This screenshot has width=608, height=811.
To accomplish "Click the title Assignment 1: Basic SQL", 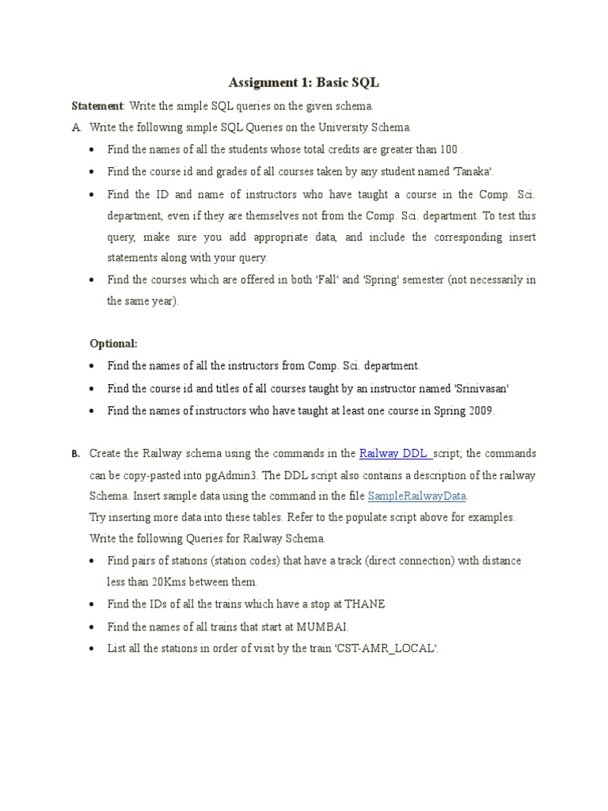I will coord(303,82).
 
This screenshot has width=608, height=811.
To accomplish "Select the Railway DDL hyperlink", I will coord(394,454).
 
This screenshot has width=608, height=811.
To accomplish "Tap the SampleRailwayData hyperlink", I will coord(417,496).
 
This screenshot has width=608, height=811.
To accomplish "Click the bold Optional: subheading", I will coord(113,344).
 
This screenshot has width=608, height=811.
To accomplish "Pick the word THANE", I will coord(365,604).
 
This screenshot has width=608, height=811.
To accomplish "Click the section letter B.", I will coord(74,455).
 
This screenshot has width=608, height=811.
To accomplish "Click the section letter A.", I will coord(75,127).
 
